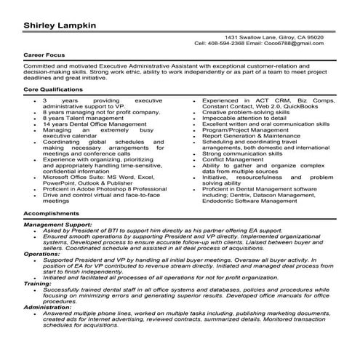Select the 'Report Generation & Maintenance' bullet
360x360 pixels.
coord(250,135)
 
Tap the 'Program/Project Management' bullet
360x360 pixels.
coord(244,130)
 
